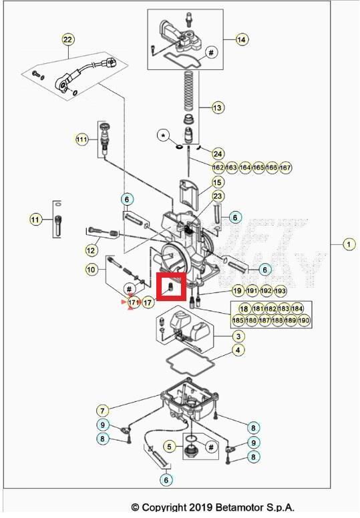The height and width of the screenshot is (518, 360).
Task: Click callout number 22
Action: pos(67,40)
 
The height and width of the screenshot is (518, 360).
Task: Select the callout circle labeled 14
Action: pos(241,40)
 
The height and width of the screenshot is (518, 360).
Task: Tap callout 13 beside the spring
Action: pos(218,107)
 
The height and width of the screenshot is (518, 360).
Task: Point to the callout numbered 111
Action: pos(81,140)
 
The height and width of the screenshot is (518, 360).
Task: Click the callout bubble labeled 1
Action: pos(349,244)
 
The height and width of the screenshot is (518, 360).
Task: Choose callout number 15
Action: pos(218,182)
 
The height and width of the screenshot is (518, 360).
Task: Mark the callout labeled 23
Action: pos(218,196)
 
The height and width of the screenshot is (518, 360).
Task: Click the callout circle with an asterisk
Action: pos(162,136)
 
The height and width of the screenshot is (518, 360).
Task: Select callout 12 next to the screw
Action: pos(92,250)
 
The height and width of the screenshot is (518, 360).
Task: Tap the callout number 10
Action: pos(92,270)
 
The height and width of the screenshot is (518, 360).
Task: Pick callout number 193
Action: pos(281,291)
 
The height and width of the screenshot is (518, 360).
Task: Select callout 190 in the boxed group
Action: pos(304,320)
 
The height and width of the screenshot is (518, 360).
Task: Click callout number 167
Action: pos(285,167)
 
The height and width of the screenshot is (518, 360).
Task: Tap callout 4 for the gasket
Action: pos(237,350)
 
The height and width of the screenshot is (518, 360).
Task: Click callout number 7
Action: pos(102,410)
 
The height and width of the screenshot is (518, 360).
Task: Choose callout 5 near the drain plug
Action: pos(170,446)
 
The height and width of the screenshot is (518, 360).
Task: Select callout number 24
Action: pos(218,154)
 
